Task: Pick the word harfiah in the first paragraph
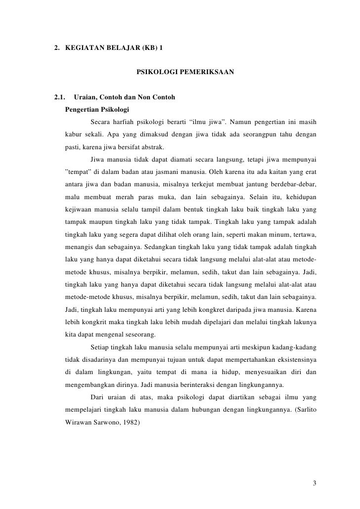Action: tap(127, 122)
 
